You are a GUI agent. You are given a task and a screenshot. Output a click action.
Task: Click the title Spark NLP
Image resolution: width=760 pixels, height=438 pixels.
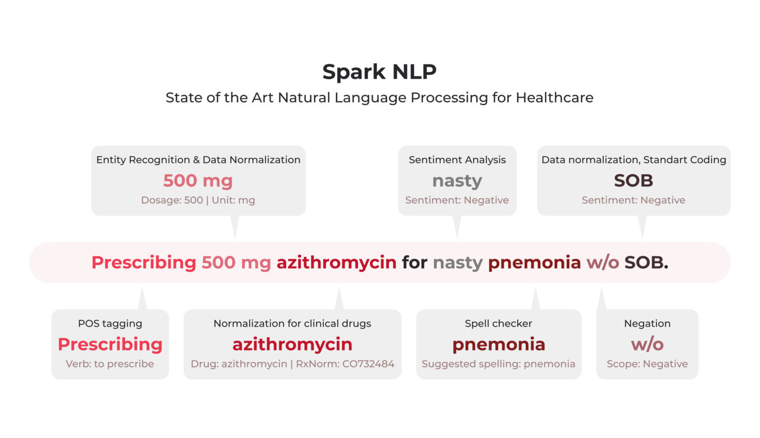point(379,72)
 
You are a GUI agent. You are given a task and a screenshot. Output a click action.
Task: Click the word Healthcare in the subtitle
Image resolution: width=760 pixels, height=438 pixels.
point(555,98)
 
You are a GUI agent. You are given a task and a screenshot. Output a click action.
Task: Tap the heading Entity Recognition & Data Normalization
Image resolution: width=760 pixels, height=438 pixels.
point(198,160)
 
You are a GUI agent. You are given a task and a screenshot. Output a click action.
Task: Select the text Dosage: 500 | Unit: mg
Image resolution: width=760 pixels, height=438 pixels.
point(198,200)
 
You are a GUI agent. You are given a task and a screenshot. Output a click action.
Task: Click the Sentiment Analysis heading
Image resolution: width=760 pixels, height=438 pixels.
point(458,160)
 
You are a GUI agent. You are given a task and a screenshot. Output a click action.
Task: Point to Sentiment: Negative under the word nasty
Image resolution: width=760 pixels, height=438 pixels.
point(457,200)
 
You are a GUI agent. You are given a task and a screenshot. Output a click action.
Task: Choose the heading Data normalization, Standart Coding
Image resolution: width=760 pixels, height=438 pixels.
point(634,160)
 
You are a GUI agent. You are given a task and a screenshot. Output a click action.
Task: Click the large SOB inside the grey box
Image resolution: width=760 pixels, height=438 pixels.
point(633,180)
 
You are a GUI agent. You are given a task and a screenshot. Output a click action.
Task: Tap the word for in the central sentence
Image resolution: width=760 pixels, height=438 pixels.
point(415,262)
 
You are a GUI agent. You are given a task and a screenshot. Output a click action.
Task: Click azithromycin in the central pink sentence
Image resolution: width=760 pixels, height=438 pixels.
point(337,263)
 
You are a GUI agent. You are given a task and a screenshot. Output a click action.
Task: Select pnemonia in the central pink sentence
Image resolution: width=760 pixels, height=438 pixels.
point(534,263)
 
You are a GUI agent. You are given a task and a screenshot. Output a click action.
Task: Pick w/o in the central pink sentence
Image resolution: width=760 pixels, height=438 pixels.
point(603,263)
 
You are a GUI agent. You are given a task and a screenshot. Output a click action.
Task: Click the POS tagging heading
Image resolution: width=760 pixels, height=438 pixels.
point(110,323)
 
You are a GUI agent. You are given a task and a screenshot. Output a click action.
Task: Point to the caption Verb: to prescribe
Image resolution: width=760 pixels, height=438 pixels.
point(110,364)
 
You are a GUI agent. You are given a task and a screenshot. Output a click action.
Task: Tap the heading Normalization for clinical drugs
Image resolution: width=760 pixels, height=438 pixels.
point(292,323)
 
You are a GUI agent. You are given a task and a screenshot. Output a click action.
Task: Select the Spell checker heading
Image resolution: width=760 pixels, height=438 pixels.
point(498,323)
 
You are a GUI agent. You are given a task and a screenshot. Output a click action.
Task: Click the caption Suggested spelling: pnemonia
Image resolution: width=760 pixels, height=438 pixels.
point(498,364)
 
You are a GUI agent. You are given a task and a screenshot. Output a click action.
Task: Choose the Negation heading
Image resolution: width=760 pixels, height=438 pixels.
point(648,323)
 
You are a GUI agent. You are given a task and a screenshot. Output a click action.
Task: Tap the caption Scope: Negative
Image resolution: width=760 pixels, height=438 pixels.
point(648,364)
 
